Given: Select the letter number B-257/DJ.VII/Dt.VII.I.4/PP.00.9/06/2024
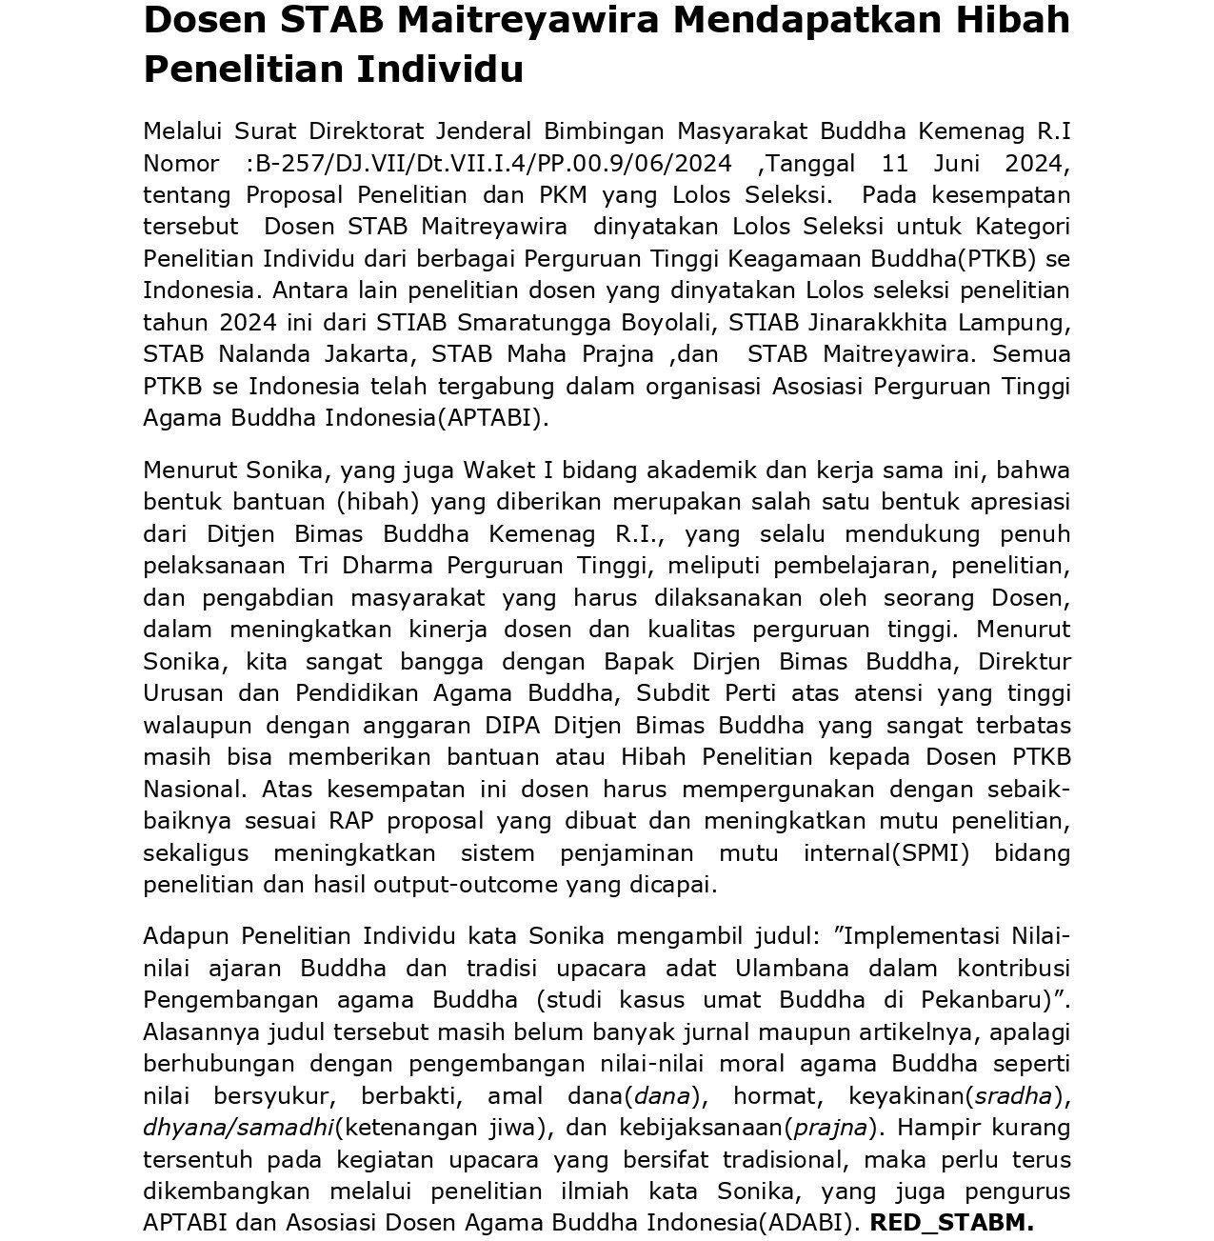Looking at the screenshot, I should pos(493,164).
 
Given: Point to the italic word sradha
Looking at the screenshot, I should pos(1012,1096).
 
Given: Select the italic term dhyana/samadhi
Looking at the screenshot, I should pos(238,1128).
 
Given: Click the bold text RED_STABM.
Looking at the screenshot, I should pos(951,1223).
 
